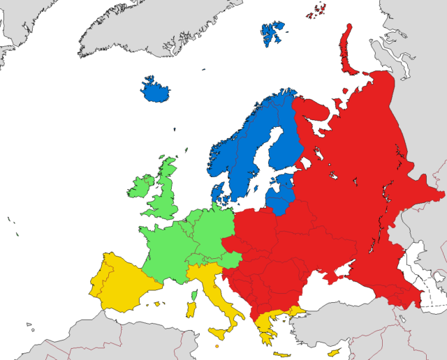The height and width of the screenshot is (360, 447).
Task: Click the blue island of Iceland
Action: (155, 91)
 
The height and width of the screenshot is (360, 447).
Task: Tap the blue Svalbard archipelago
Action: (273, 33)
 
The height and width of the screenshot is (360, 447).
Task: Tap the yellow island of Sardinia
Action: (191, 306)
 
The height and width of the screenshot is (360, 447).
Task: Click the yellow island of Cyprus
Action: (334, 350)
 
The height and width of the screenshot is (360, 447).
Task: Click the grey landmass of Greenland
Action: (140, 28)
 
